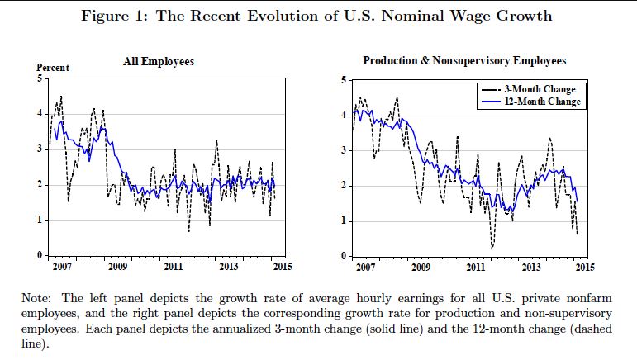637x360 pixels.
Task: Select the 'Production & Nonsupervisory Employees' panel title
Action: [464, 61]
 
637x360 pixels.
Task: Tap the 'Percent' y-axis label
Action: [53, 68]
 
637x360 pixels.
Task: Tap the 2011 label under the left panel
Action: [174, 268]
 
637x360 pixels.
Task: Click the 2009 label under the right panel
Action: [421, 268]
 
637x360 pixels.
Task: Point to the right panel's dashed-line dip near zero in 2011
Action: [492, 248]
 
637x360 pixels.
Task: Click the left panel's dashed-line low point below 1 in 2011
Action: [188, 231]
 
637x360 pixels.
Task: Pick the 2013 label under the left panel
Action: [229, 268]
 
